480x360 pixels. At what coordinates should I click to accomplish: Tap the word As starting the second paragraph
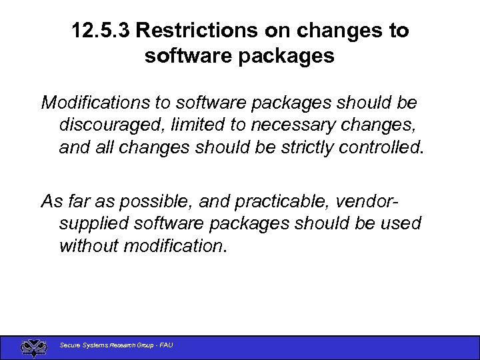(x=51, y=201)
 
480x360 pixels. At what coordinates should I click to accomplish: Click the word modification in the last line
(x=175, y=245)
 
